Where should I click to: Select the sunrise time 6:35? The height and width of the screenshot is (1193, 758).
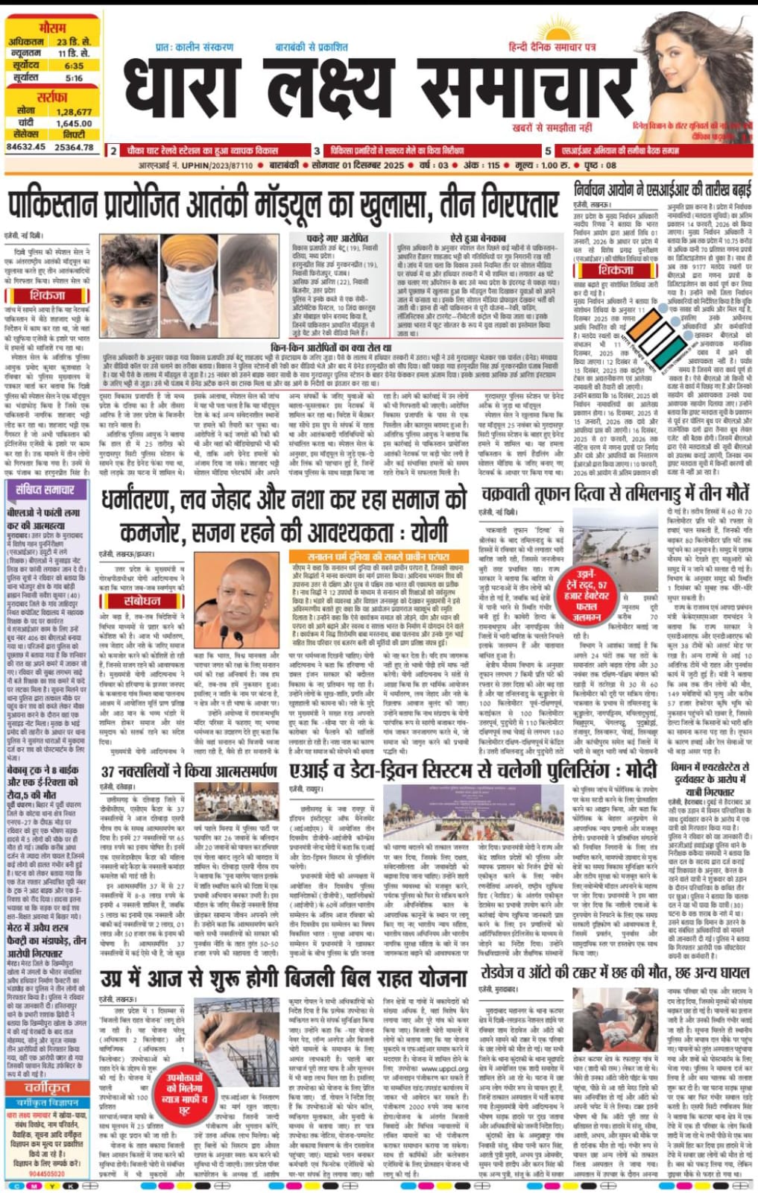(74, 66)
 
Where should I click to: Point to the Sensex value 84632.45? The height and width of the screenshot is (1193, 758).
(25, 147)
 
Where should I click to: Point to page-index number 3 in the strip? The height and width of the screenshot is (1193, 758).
(317, 151)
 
